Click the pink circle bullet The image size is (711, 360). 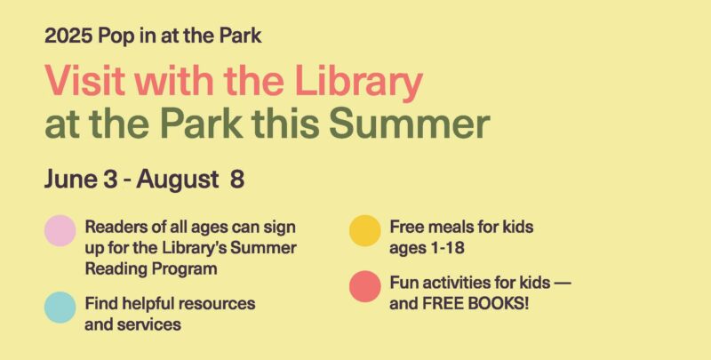coord(60,230)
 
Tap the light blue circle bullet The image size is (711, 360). coord(60,306)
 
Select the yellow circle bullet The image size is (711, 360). coord(365,230)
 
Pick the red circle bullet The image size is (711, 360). coord(365,290)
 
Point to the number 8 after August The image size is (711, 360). coord(237,179)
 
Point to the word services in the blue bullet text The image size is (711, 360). coord(148,324)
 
